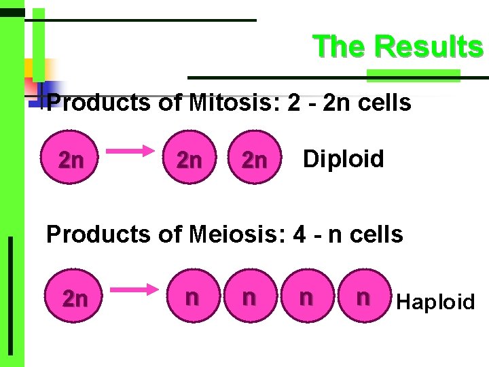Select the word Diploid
[343, 159]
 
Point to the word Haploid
[435, 301]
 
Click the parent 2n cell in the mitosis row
[71, 160]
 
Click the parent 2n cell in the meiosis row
[74, 298]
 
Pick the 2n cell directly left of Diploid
[255, 160]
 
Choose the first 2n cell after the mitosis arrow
[189, 160]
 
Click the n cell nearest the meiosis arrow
[192, 298]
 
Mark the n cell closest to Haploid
[363, 298]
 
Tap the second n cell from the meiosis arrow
[249, 298]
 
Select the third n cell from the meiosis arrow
[306, 298]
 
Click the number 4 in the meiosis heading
[299, 234]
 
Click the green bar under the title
[413, 74]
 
